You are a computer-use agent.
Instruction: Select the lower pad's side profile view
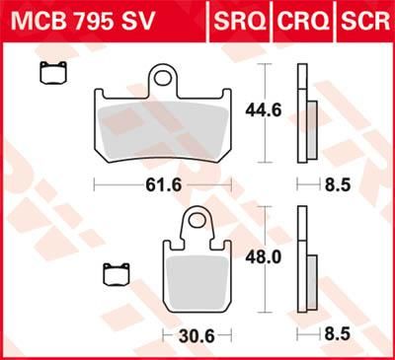tap(305, 266)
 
